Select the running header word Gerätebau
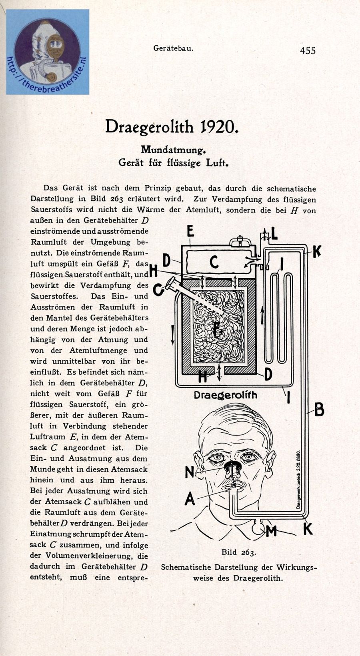(x=173, y=48)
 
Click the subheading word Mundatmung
(x=173, y=150)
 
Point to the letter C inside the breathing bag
(x=214, y=263)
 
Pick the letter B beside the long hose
(x=319, y=410)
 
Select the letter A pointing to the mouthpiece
(x=190, y=498)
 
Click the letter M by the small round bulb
(x=271, y=531)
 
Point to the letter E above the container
(x=190, y=231)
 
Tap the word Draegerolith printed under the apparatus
(x=225, y=395)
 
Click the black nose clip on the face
(x=232, y=465)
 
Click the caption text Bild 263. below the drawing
(x=238, y=552)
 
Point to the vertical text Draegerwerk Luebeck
(x=298, y=480)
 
